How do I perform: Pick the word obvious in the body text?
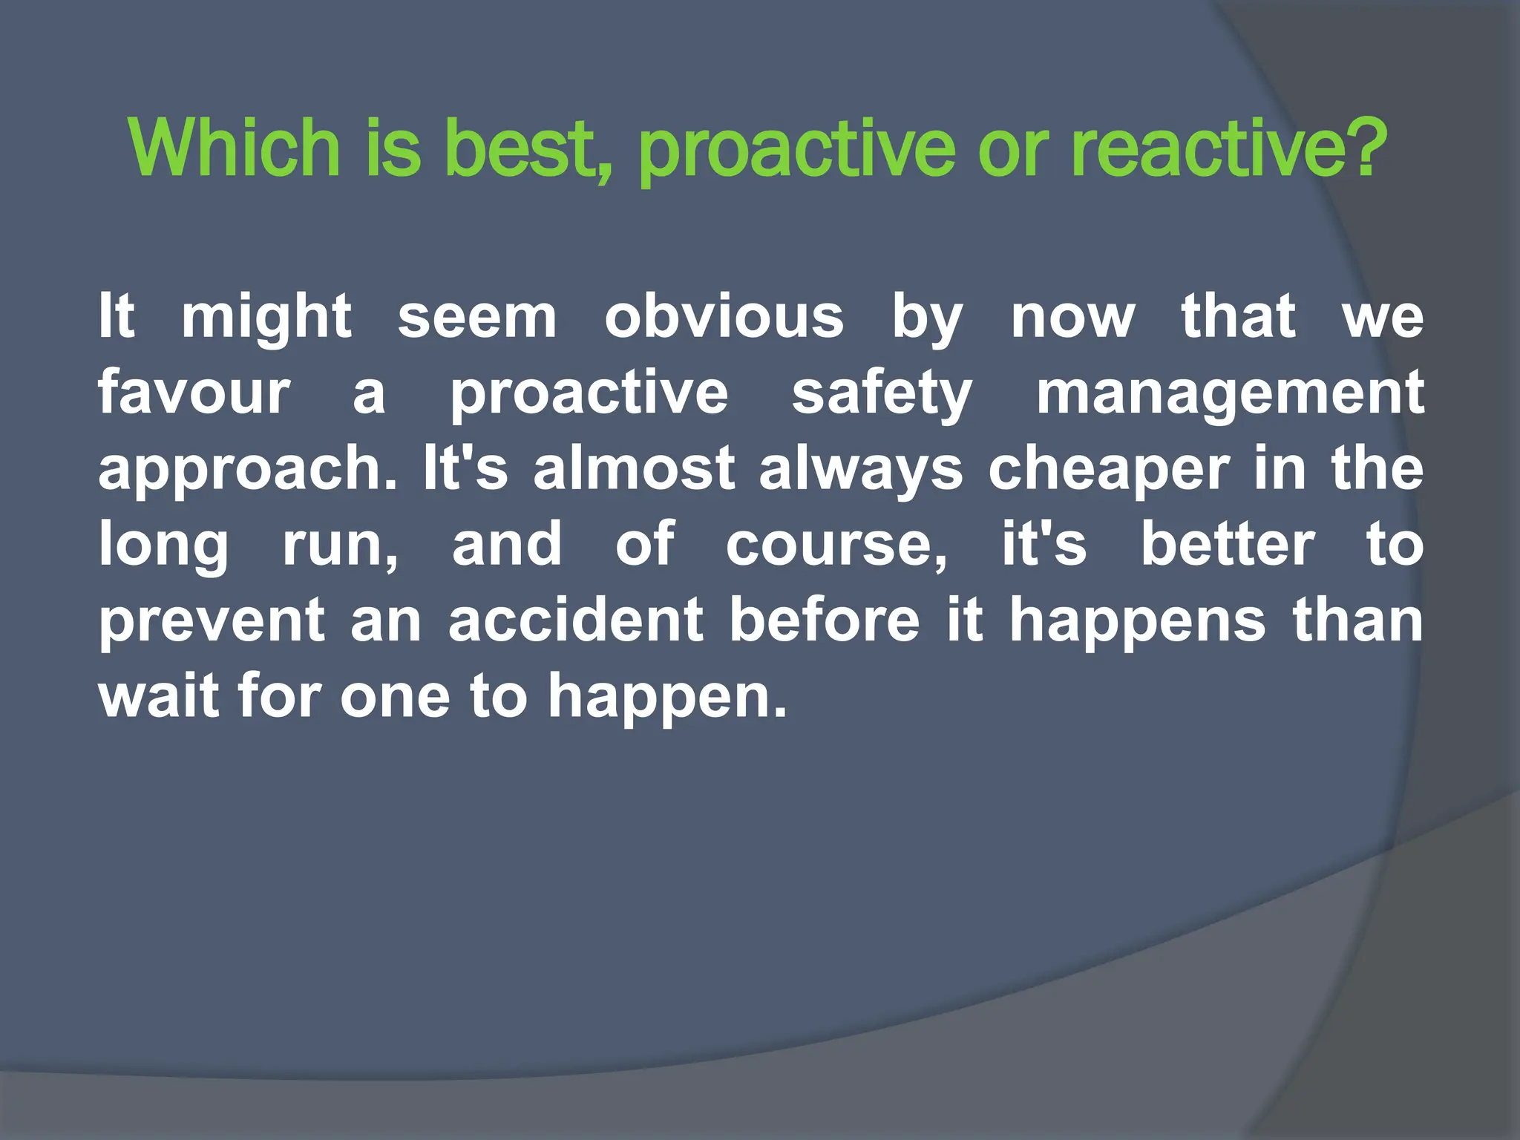click(724, 318)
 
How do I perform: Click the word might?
click(266, 318)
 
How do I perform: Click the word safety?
click(882, 393)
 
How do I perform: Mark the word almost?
click(634, 469)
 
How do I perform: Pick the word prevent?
click(212, 622)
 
